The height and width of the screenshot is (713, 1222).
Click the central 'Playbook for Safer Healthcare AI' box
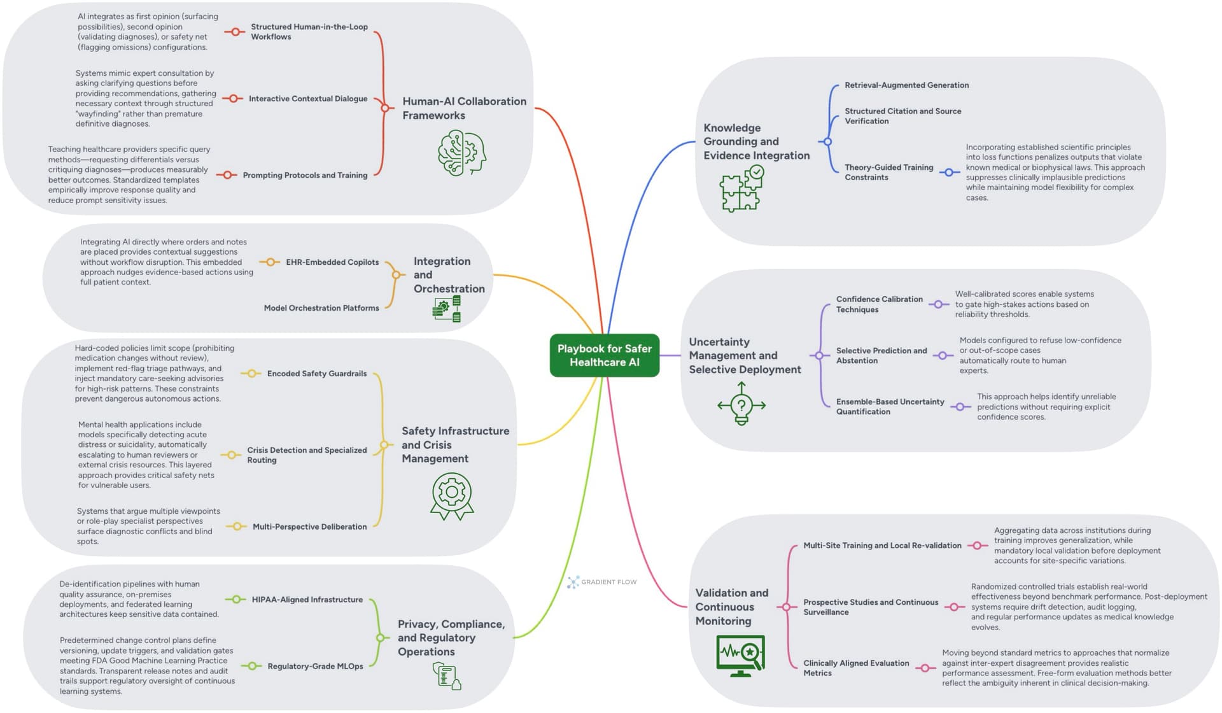pos(604,355)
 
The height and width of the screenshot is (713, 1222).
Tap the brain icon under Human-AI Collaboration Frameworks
pos(461,153)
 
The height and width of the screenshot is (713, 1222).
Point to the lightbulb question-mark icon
pos(741,404)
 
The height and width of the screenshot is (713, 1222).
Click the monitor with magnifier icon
pos(740,655)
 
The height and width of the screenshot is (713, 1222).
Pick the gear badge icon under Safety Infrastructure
pos(452,495)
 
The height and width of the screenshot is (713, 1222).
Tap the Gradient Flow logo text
pos(608,582)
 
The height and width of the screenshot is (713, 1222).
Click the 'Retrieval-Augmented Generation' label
pos(906,85)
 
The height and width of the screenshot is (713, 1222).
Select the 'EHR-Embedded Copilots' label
pos(332,262)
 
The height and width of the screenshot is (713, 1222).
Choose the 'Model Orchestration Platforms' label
pos(321,308)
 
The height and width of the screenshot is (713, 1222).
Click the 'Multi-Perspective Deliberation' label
pos(309,526)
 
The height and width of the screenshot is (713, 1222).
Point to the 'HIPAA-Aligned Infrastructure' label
pos(307,600)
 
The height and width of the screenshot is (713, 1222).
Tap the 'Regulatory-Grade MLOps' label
pos(315,667)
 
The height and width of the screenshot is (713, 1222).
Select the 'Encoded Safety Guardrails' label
pos(316,374)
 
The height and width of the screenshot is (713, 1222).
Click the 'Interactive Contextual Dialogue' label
pos(308,99)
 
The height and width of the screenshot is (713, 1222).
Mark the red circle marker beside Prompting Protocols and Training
pos(227,175)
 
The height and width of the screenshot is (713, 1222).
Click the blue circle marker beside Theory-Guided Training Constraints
pos(949,173)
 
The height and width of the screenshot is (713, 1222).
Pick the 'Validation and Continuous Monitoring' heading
pos(731,607)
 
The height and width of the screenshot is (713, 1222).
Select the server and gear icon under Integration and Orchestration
pos(447,309)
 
